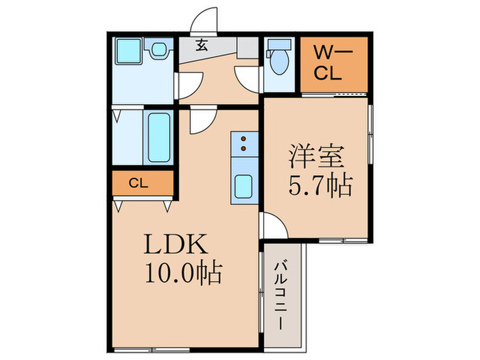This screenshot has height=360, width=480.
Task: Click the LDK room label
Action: point(176,243)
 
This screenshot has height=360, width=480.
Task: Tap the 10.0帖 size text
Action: point(183,272)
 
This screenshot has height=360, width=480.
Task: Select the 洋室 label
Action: point(317,156)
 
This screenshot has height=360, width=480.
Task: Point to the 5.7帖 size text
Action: point(320,186)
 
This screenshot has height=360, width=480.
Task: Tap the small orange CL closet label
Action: point(139,183)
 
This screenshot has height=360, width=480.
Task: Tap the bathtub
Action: point(159,137)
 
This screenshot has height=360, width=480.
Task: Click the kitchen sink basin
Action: point(243,187)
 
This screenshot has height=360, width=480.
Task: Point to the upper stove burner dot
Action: point(243,139)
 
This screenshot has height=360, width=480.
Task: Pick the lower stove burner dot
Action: point(243,149)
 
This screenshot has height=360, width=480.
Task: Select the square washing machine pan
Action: point(129,51)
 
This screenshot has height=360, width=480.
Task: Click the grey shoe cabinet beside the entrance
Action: point(248,47)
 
